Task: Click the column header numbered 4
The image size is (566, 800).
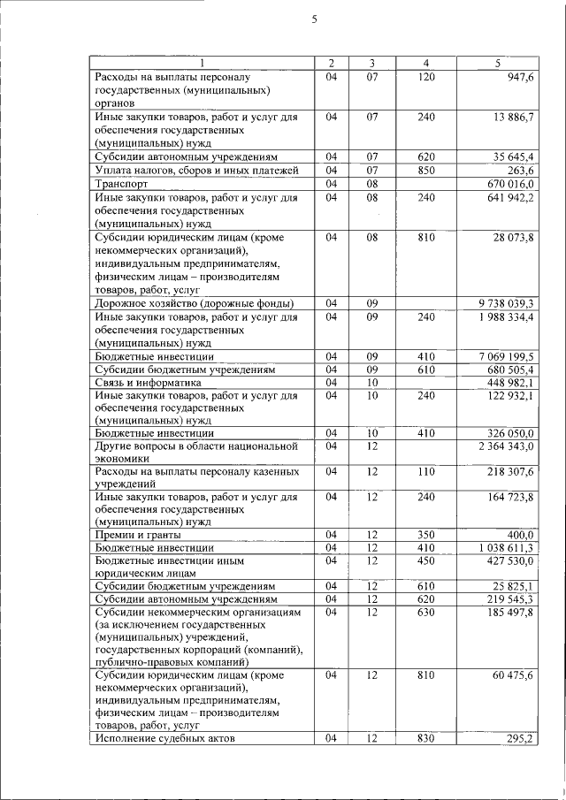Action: (425, 63)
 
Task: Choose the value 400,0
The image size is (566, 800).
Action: (519, 535)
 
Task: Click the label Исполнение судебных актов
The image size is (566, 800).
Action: (164, 738)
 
